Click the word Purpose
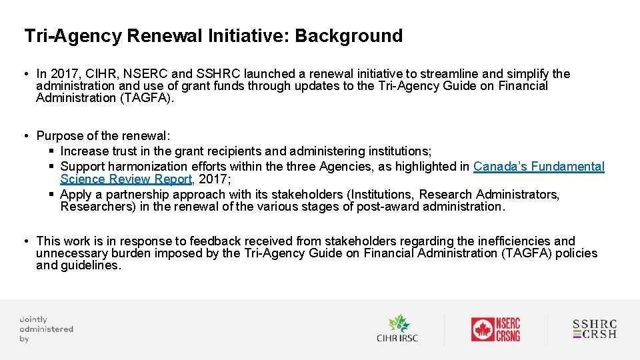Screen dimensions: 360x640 tap(59, 136)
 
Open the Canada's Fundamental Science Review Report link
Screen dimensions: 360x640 tap(538, 167)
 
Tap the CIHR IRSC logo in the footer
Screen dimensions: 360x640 tap(397, 329)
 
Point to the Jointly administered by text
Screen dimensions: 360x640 tap(46, 329)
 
